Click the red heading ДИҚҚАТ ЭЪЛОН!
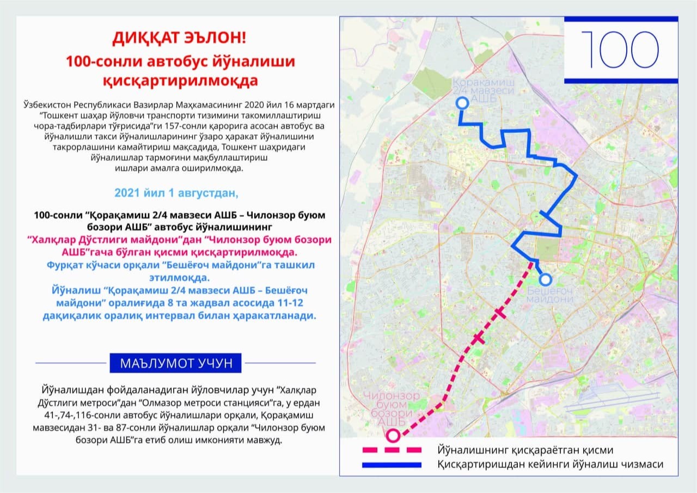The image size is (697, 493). tap(179, 38)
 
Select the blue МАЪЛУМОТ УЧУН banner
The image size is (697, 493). tap(175, 363)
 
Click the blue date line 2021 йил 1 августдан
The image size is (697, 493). tap(176, 193)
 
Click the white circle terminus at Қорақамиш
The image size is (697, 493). tap(462, 103)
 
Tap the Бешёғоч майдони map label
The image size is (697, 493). tap(550, 295)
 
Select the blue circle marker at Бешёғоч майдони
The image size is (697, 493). tap(545, 280)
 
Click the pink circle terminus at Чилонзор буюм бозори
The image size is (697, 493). tap(393, 435)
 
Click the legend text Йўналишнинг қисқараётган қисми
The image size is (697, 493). tap(525, 451)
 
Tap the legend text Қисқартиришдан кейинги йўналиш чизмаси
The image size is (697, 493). tap(549, 465)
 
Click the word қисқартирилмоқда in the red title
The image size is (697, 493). tap(180, 82)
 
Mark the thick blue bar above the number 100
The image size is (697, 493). tap(620, 19)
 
